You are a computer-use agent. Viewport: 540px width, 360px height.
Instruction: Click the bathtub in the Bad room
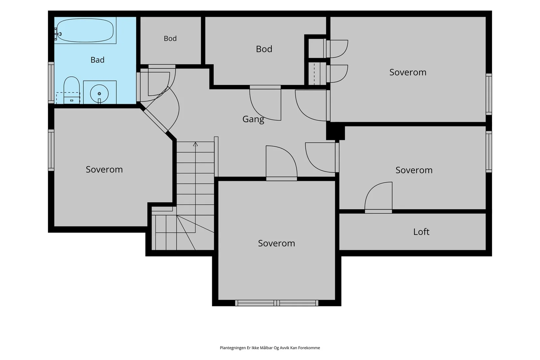pyautogui.click(x=85, y=30)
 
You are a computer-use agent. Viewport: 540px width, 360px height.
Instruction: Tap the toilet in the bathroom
pyautogui.click(x=72, y=90)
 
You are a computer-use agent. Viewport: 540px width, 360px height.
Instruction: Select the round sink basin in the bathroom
pyautogui.click(x=99, y=93)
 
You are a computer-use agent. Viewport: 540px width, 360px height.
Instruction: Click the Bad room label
pyautogui.click(x=98, y=60)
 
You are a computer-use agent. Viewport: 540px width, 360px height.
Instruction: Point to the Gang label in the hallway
pyautogui.click(x=253, y=119)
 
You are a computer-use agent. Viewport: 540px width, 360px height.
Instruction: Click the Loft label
pyautogui.click(x=421, y=232)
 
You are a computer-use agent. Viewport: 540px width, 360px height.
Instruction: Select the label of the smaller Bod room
pyautogui.click(x=170, y=38)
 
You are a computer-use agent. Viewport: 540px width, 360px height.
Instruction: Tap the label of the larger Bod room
pyautogui.click(x=264, y=49)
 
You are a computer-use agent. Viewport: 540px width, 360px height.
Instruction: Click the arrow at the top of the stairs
pyautogui.click(x=195, y=144)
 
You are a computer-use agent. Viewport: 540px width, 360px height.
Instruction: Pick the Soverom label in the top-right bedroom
pyautogui.click(x=408, y=72)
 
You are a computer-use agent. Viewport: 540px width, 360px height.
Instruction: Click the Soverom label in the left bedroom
pyautogui.click(x=104, y=169)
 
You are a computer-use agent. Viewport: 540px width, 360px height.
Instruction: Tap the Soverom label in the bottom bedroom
pyautogui.click(x=276, y=243)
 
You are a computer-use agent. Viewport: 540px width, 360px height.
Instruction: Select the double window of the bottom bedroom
pyautogui.click(x=277, y=303)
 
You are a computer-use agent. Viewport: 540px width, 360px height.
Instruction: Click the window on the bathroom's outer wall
pyautogui.click(x=51, y=83)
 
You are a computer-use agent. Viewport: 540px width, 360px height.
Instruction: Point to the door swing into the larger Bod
pyautogui.click(x=265, y=103)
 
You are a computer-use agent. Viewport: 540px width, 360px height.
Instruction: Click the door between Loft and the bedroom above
pyautogui.click(x=378, y=198)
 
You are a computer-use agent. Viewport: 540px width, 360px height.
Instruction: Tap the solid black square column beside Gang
pyautogui.click(x=335, y=131)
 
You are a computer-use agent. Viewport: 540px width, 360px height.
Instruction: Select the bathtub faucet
pyautogui.click(x=57, y=34)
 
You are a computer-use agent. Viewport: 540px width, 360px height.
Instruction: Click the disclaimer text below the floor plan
pyautogui.click(x=270, y=348)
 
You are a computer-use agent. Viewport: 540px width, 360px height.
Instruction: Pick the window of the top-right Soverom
pyautogui.click(x=489, y=94)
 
